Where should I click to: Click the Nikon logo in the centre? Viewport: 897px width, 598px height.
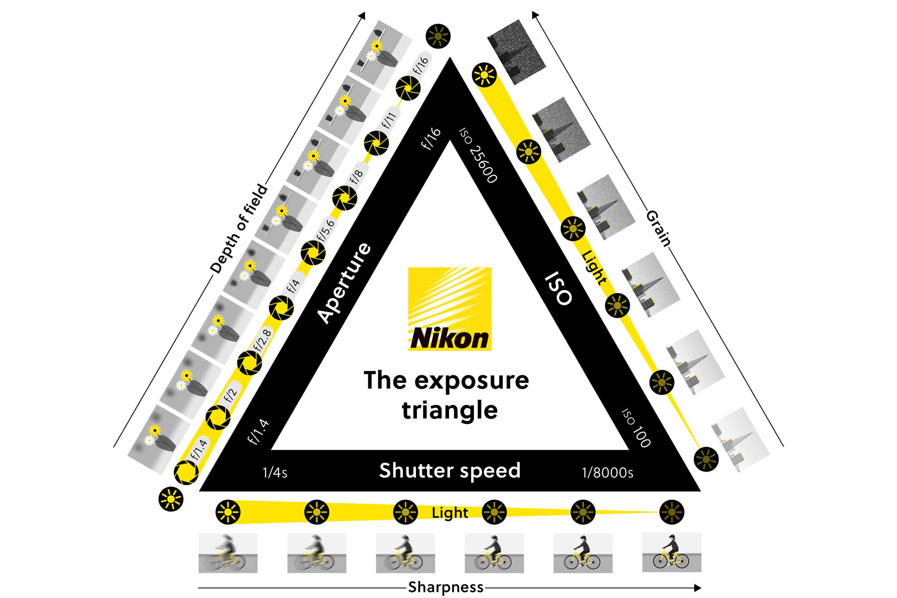pos(449,309)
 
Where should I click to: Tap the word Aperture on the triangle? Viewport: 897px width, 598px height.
pos(344,283)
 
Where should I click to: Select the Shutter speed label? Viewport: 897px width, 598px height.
pos(449,471)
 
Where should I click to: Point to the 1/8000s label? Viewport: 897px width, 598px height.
pos(607,473)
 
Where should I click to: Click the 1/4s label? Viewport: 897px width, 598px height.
pos(275,473)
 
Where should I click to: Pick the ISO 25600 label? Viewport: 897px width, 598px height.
pos(478,155)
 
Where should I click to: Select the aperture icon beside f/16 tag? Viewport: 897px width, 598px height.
pos(408,89)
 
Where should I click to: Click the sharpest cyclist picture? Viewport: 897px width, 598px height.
pos(671,552)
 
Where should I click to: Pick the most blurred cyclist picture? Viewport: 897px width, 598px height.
pos(228,553)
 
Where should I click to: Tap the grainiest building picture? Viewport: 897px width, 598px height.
pos(516,52)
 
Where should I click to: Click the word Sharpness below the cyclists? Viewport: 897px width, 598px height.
pos(445,587)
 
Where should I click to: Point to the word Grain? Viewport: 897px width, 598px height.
pos(658,228)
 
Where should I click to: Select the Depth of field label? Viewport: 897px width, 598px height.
pos(239,228)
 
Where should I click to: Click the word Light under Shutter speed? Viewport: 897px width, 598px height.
pos(449,513)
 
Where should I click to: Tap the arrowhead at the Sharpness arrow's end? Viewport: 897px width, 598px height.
pos(698,588)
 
